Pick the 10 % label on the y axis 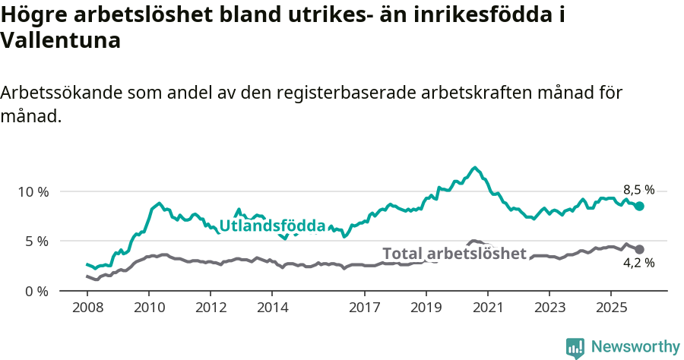[33, 191]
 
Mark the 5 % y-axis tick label [36, 242]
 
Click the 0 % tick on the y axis [36, 291]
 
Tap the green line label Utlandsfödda [272, 226]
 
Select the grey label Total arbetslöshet [454, 254]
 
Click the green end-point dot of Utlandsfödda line [639, 206]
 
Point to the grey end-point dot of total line [639, 249]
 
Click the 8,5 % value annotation [638, 191]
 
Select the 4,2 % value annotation [638, 264]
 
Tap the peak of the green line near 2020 [474, 168]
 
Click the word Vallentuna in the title [61, 41]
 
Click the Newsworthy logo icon [575, 347]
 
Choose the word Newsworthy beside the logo [635, 347]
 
